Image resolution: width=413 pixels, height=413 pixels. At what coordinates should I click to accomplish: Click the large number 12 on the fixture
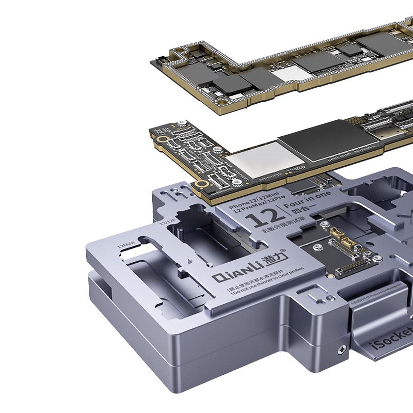click(x=264, y=219)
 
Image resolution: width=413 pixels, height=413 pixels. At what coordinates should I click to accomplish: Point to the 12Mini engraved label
click(x=128, y=243)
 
